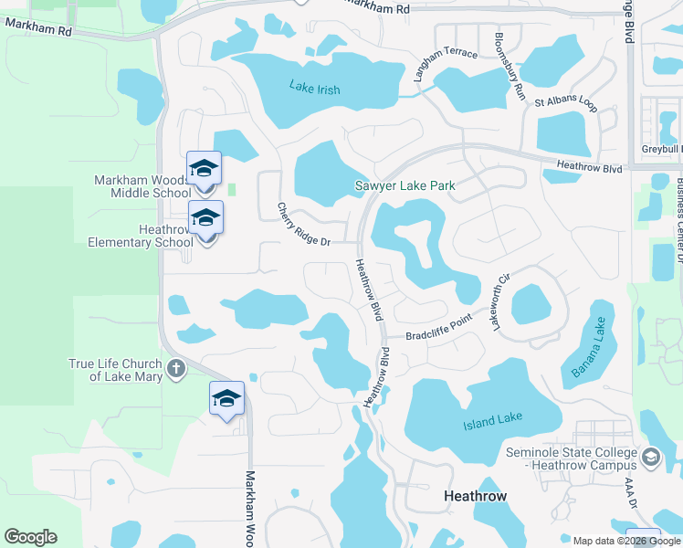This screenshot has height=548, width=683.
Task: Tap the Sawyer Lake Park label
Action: (x=405, y=186)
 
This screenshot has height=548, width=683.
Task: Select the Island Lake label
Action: (x=492, y=420)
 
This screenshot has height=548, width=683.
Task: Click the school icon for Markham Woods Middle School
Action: (x=205, y=168)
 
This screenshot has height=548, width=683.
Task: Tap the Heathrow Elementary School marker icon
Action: (x=206, y=218)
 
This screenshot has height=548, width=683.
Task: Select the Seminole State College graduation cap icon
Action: (x=650, y=457)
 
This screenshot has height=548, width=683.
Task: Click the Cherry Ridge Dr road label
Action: (x=303, y=224)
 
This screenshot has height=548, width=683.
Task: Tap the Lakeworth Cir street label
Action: (x=500, y=301)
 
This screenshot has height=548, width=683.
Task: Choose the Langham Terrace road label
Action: (x=446, y=66)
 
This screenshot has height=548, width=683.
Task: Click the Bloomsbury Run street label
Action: (x=510, y=67)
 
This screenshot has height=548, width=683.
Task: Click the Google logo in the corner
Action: (x=30, y=537)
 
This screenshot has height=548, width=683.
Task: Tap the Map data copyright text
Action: (x=625, y=540)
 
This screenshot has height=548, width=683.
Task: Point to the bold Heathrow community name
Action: (x=475, y=496)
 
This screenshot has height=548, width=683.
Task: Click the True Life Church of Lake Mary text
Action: (x=116, y=370)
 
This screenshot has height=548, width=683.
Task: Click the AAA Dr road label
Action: (x=628, y=486)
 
